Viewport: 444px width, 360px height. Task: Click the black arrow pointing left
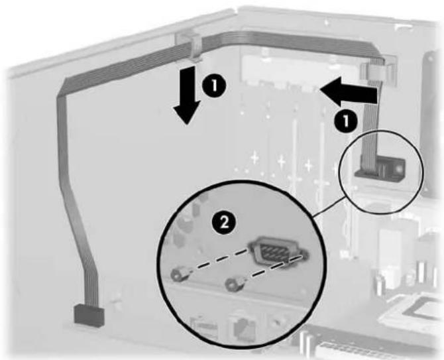pyautogui.click(x=350, y=93)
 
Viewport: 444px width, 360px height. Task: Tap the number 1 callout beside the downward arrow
pyautogui.click(x=214, y=86)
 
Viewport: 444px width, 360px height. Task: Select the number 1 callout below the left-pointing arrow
pyautogui.click(x=345, y=122)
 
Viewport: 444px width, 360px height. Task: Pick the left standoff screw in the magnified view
pyautogui.click(x=176, y=274)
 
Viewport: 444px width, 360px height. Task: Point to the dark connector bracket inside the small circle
pyautogui.click(x=380, y=170)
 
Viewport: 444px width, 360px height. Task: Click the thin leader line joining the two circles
pyautogui.click(x=329, y=206)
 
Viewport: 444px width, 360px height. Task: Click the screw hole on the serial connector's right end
pyautogui.click(x=304, y=255)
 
